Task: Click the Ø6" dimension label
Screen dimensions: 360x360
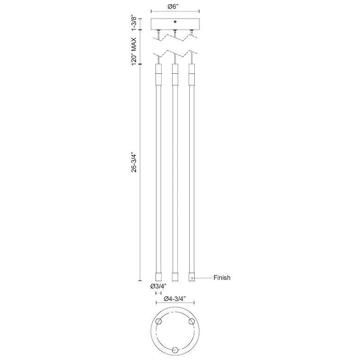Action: [173, 6]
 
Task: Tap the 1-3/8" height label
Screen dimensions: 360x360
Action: [133, 23]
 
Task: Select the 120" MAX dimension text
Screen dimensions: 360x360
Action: [134, 51]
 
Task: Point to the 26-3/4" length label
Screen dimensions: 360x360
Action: [134, 162]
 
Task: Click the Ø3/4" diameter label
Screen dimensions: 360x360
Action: [158, 286]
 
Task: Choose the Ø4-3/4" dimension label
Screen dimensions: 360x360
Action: [175, 299]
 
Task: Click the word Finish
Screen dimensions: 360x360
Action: [222, 277]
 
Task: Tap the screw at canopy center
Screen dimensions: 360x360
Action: [175, 22]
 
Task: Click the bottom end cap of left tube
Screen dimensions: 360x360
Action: [158, 276]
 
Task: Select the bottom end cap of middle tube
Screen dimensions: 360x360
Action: [175, 276]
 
